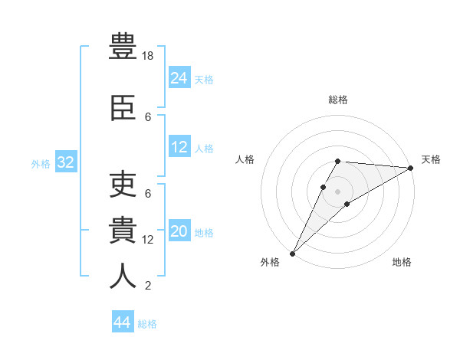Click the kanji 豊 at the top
click(x=123, y=46)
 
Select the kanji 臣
click(x=123, y=108)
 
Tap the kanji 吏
click(x=123, y=184)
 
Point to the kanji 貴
click(x=123, y=230)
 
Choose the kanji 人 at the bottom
click(x=123, y=276)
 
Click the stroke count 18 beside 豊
click(x=147, y=56)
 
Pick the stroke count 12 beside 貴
click(x=147, y=240)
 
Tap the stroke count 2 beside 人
click(x=148, y=286)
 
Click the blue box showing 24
click(x=179, y=77)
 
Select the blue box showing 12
click(x=179, y=146)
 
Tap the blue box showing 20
click(x=179, y=230)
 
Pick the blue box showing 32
click(x=66, y=162)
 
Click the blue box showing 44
click(x=123, y=321)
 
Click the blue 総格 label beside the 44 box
click(x=147, y=324)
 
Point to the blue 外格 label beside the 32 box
click(x=41, y=164)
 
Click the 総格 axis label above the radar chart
click(x=338, y=100)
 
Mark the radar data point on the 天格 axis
click(x=411, y=168)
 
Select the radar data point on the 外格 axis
click(x=293, y=254)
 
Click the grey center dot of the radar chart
click(x=337, y=191)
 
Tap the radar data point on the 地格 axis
click(x=347, y=204)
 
